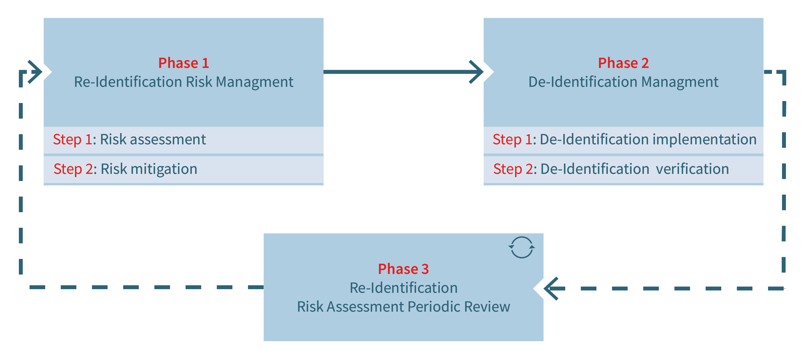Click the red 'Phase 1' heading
(x=183, y=63)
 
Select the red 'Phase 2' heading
(x=623, y=63)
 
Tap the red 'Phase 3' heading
(x=403, y=269)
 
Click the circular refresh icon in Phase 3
(x=522, y=247)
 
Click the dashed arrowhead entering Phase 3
(x=552, y=289)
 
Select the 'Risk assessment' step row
(x=184, y=140)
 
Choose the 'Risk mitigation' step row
(x=184, y=169)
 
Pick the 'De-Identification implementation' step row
(x=623, y=140)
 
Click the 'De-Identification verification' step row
(x=623, y=169)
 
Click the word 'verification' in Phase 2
(x=692, y=169)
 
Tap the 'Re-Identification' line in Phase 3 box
(x=403, y=288)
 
